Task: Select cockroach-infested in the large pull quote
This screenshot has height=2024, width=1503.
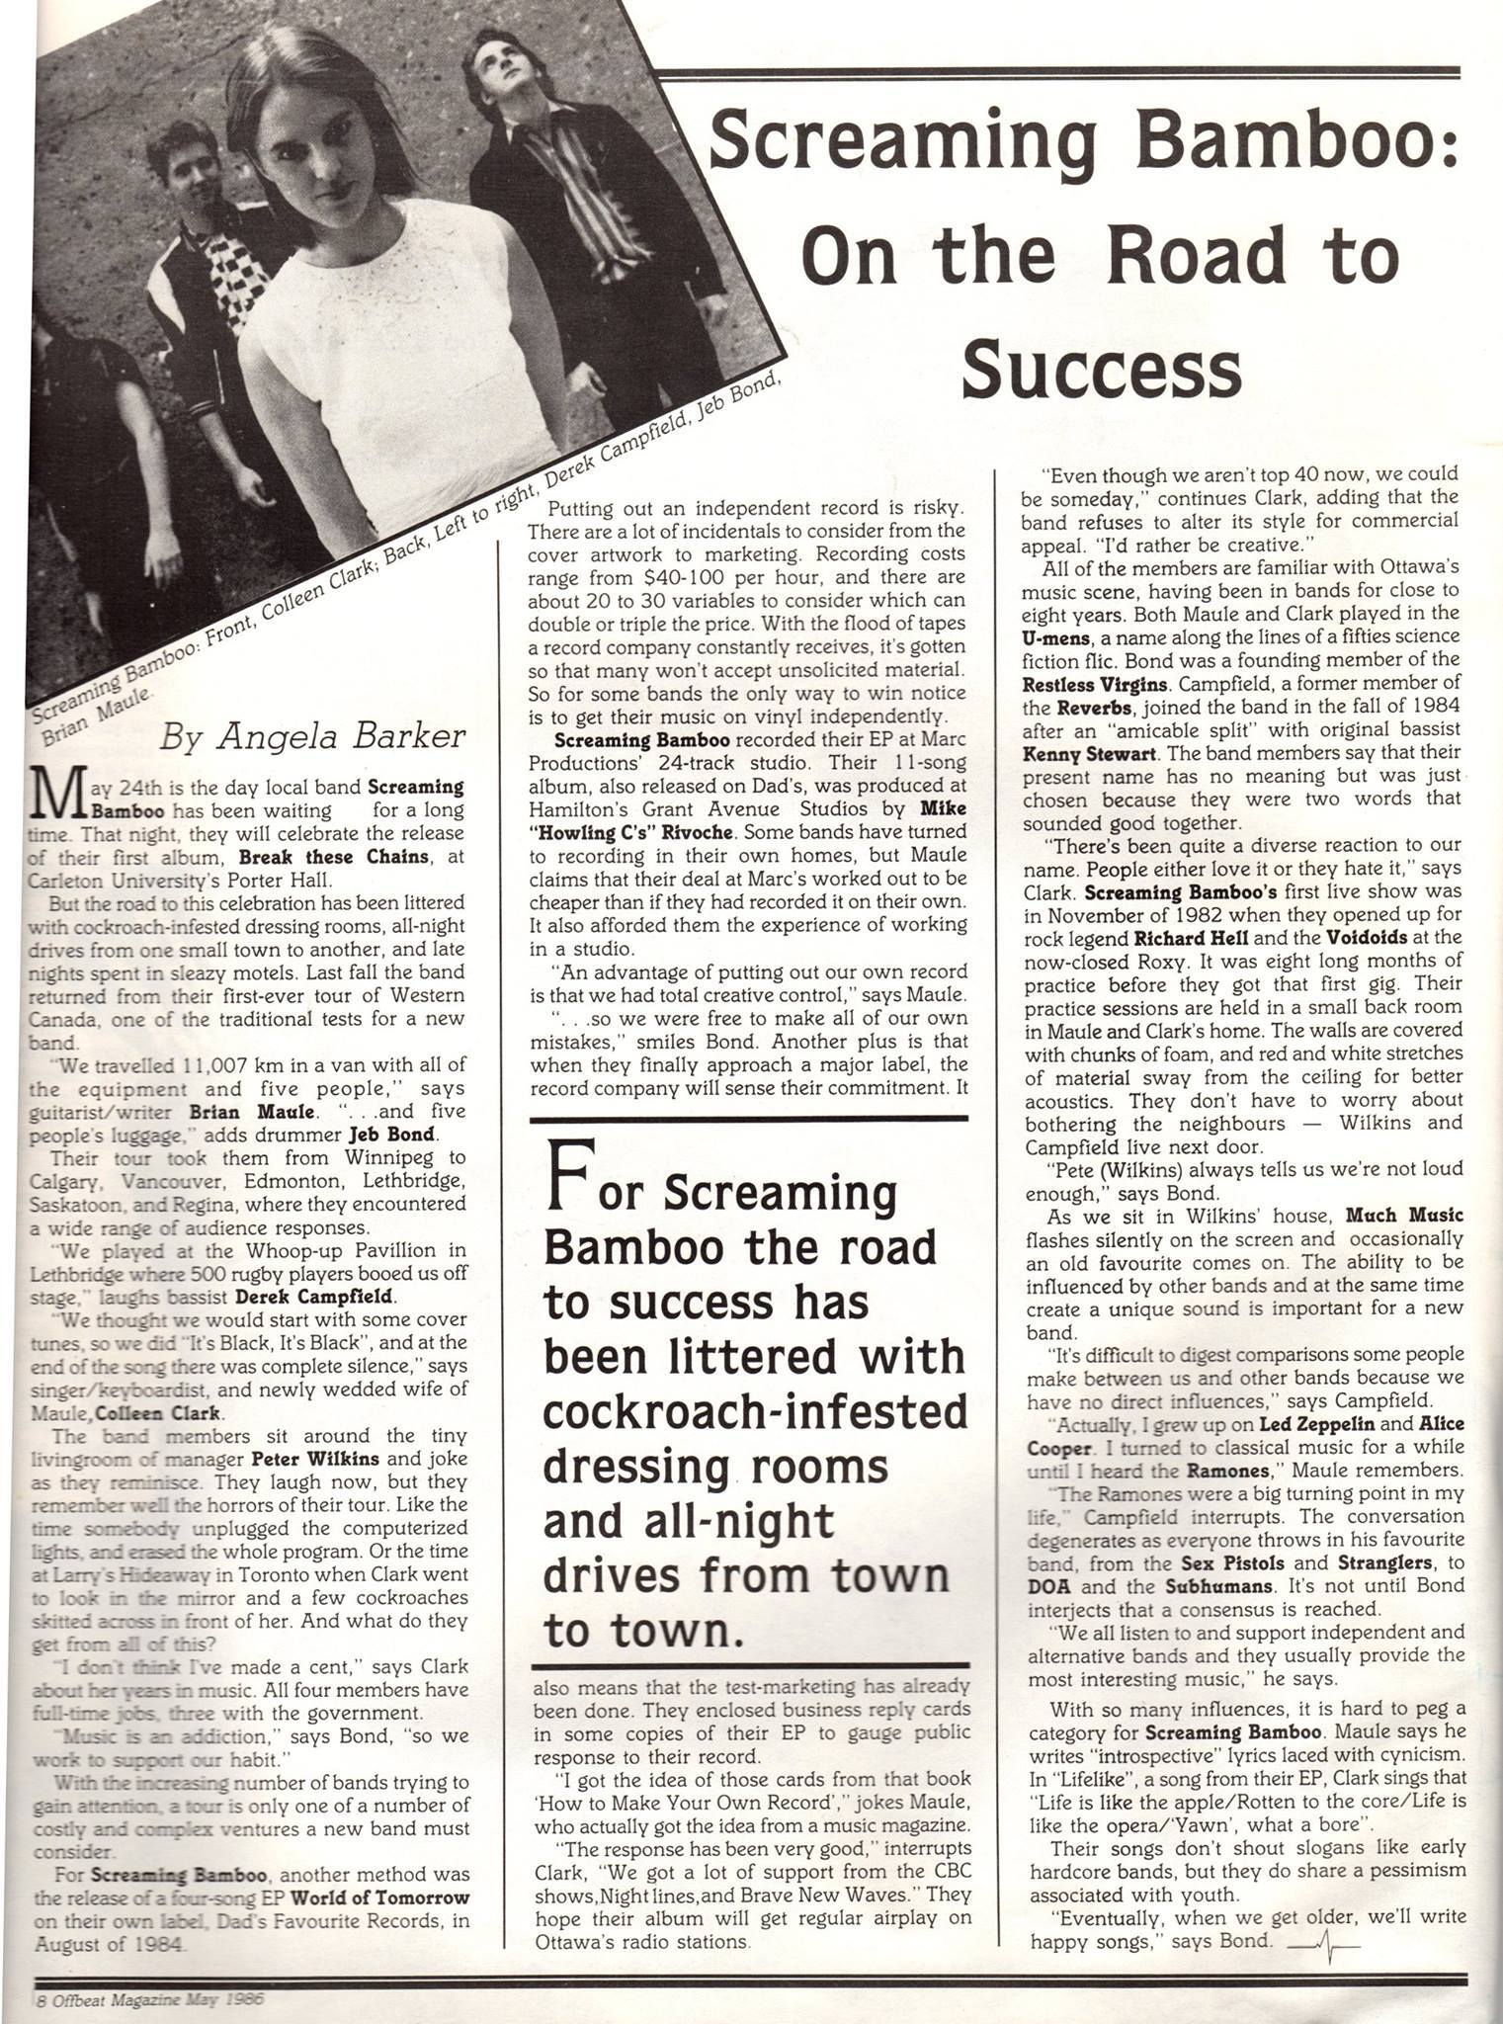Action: pos(756,1411)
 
